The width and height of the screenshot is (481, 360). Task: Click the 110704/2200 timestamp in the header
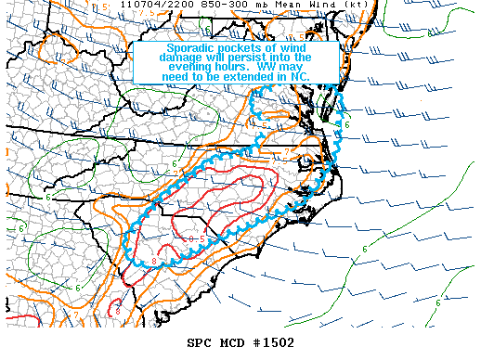click(138, 6)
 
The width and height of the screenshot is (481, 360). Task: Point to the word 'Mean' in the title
click(256, 6)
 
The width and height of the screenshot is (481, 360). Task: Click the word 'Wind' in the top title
click(288, 6)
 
